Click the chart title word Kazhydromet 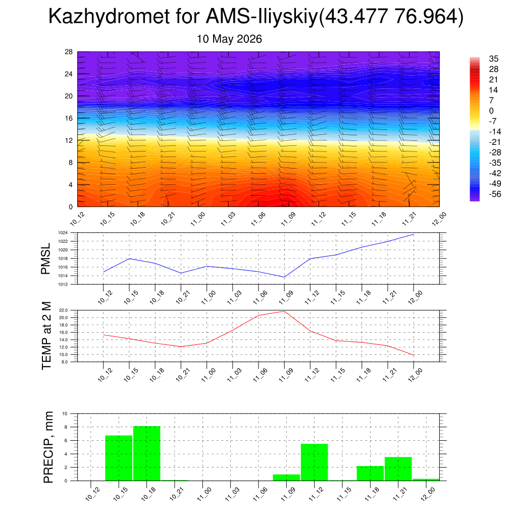tap(109, 17)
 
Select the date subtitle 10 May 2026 tap(229, 39)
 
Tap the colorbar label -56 tap(495, 194)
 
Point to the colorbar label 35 tap(494, 59)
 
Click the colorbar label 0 tap(491, 111)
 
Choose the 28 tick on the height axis tap(69, 52)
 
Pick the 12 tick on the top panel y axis tap(69, 140)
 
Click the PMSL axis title tap(45, 259)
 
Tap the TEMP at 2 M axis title tap(46, 336)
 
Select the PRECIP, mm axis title tap(48, 447)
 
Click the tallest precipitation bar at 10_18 tap(147, 453)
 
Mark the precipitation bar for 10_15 tap(119, 458)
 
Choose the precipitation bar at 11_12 tap(314, 462)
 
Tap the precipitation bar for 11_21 tap(398, 469)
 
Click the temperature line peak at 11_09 tap(284, 311)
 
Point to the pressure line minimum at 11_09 tap(284, 277)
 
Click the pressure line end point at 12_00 tap(413, 234)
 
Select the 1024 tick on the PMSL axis tap(63, 233)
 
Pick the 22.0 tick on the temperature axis tap(63, 311)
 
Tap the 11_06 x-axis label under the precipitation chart tap(260, 494)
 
